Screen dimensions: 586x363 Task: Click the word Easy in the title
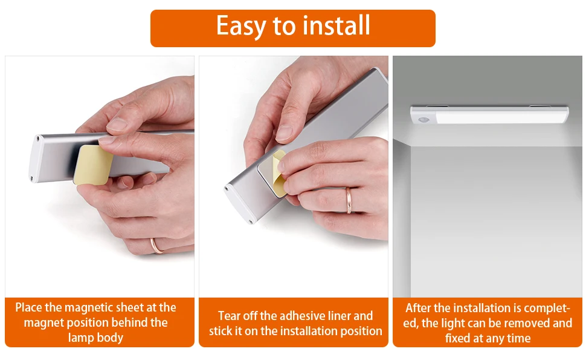(x=240, y=27)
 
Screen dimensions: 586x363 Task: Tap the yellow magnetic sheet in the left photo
(x=93, y=165)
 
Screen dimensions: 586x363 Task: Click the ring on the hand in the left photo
(x=156, y=246)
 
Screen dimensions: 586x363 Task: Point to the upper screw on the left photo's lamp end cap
(x=37, y=138)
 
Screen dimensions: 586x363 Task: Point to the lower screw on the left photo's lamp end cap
(x=31, y=178)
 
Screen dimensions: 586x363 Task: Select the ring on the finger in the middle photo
(x=349, y=200)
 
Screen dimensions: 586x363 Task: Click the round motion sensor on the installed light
(x=423, y=120)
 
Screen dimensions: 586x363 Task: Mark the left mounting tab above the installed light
(x=437, y=106)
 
